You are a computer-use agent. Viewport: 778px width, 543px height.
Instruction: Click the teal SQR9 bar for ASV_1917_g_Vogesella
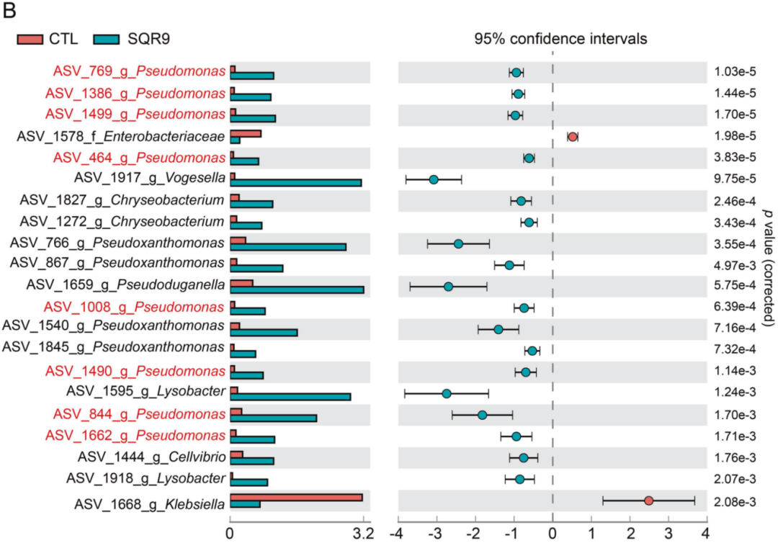pos(295,182)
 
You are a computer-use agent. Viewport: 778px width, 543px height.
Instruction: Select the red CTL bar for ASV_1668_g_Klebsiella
pos(295,498)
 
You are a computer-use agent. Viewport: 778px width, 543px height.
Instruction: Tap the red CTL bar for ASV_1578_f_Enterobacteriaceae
pos(246,133)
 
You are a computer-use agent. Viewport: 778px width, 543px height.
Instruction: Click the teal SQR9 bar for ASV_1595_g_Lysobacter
pos(290,396)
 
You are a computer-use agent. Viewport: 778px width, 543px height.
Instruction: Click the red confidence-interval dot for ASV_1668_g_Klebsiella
pos(648,501)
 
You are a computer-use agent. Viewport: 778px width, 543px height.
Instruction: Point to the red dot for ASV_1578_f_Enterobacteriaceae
pos(573,137)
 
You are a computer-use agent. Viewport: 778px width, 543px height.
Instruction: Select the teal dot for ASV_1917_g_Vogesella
pos(434,179)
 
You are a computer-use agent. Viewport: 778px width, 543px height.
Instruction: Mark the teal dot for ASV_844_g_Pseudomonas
pos(482,415)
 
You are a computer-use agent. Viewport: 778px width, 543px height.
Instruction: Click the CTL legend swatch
pos(31,39)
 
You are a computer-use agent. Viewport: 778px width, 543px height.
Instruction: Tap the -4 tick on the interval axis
pos(396,534)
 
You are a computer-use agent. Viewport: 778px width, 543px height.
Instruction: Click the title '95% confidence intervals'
pos(560,39)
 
